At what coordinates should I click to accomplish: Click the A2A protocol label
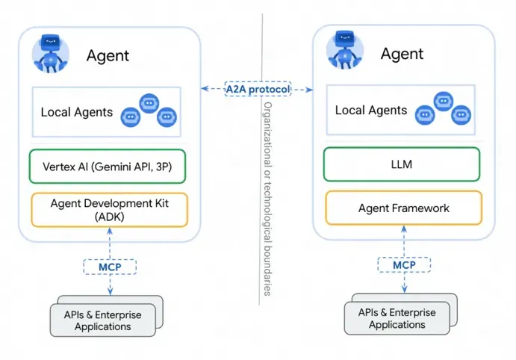(258, 89)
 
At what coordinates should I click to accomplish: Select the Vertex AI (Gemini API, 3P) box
(108, 167)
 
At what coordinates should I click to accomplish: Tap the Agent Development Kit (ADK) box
(108, 210)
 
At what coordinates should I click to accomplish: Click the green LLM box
(402, 164)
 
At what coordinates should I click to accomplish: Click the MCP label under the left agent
(111, 266)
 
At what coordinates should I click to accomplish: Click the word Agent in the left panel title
(108, 55)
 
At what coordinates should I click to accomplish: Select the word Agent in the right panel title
(402, 54)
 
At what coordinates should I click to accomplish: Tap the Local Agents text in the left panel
(77, 113)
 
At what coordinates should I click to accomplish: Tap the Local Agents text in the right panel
(371, 111)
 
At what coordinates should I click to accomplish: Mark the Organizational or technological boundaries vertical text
(265, 198)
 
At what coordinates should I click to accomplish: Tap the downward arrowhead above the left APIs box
(111, 294)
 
